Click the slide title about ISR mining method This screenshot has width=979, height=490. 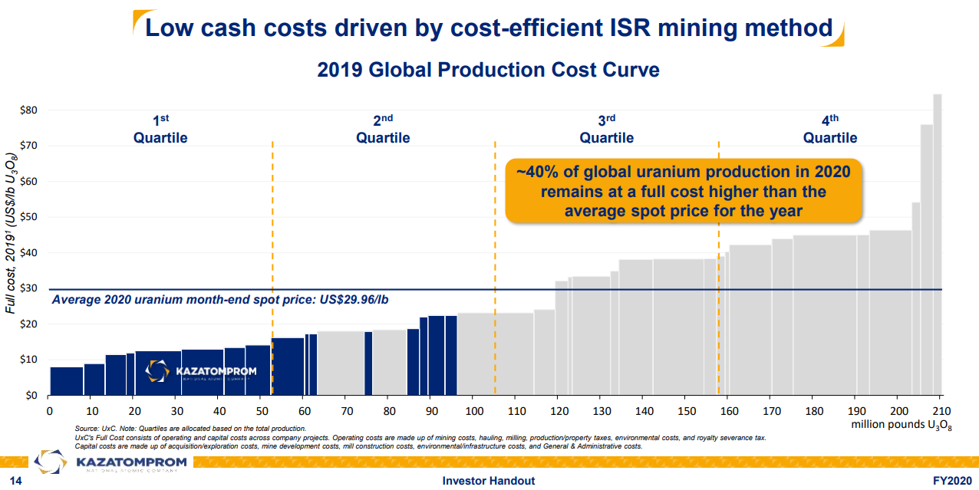tap(489, 28)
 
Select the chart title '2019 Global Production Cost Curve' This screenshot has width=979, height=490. tap(488, 70)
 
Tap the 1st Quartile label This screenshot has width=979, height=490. tap(160, 130)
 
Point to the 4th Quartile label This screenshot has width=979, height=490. tap(830, 130)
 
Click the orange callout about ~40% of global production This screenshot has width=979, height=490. tap(683, 191)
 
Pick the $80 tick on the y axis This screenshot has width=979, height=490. tap(28, 110)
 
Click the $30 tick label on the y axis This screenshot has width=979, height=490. tap(28, 289)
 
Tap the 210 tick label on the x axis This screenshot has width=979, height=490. tap(941, 411)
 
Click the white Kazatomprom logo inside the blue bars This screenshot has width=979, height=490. tap(201, 372)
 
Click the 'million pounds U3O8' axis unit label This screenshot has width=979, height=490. tap(901, 424)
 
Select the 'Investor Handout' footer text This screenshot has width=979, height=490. tap(489, 481)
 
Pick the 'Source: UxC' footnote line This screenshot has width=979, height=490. tap(190, 428)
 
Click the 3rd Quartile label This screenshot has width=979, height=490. tap(607, 130)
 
